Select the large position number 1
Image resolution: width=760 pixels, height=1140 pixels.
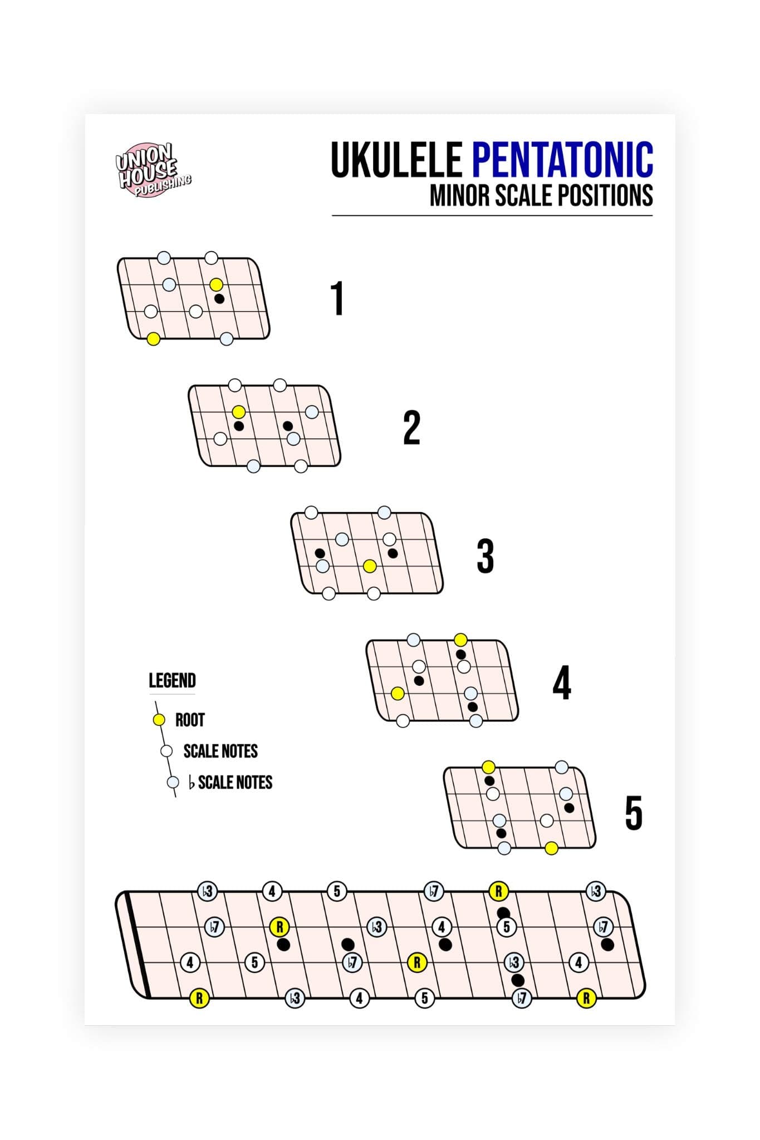(x=337, y=298)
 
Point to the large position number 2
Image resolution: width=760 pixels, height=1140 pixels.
(x=411, y=427)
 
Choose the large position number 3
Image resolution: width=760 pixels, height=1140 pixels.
(x=485, y=556)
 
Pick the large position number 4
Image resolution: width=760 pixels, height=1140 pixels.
(x=561, y=683)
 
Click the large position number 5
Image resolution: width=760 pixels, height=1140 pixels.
(x=634, y=813)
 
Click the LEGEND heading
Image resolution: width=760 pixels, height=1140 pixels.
(x=172, y=681)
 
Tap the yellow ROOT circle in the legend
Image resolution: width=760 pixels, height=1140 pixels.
(x=159, y=720)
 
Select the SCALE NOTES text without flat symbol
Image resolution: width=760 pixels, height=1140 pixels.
(x=220, y=751)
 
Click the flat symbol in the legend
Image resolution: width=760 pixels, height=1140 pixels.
(x=192, y=783)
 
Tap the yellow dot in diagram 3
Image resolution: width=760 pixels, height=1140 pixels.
(x=369, y=566)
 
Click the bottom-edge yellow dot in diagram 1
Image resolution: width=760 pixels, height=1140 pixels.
(x=153, y=338)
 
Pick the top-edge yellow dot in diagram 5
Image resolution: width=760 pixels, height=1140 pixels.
(x=488, y=767)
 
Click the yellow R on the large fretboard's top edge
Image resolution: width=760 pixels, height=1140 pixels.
(x=498, y=891)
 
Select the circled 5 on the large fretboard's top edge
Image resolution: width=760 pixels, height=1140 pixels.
(x=336, y=891)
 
